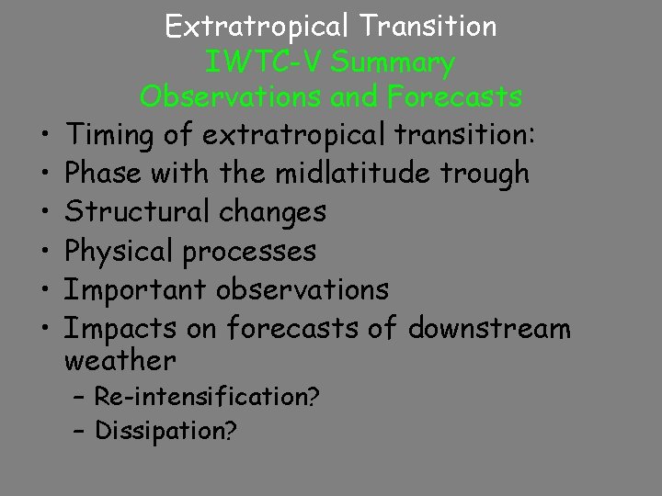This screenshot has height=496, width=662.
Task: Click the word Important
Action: pos(137,289)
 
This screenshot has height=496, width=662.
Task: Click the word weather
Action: pos(120,357)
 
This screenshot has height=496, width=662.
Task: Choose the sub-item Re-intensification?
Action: pos(207,397)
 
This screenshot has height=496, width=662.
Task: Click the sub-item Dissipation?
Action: pos(165,431)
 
